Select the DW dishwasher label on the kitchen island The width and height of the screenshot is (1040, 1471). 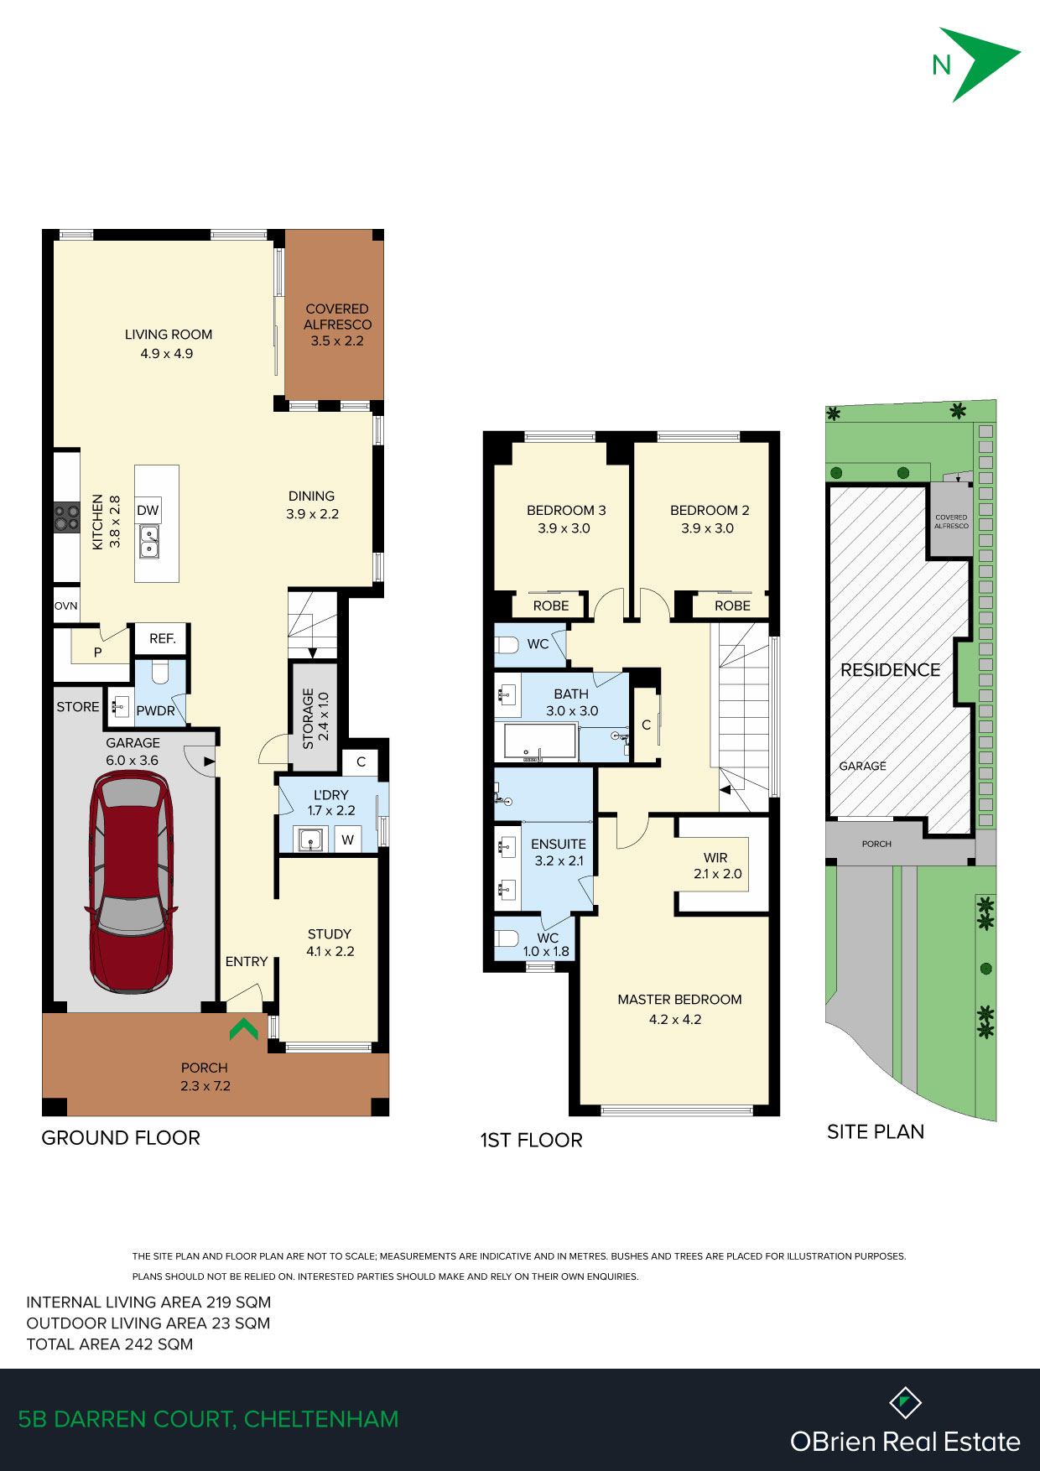point(148,510)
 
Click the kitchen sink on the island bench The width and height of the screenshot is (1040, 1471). point(149,542)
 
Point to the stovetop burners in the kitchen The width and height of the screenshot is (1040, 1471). point(67,517)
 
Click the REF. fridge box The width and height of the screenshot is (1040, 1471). point(163,639)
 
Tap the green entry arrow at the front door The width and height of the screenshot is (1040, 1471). point(244,1029)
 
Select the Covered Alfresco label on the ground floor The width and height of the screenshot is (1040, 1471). point(337,325)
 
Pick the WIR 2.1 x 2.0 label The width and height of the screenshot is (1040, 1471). point(717,865)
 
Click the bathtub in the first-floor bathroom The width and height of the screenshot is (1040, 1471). point(540,742)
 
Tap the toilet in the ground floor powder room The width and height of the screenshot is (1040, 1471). point(160,673)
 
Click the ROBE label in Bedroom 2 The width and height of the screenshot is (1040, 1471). point(732,606)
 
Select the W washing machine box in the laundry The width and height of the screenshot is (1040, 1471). point(347,839)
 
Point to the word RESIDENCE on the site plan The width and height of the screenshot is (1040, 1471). point(891,670)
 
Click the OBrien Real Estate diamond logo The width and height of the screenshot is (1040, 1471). point(905,1402)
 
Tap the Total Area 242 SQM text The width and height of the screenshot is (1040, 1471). point(110,1344)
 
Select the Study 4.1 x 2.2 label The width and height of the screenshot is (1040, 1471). point(330,943)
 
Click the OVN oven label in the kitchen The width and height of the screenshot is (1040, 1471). point(66,606)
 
